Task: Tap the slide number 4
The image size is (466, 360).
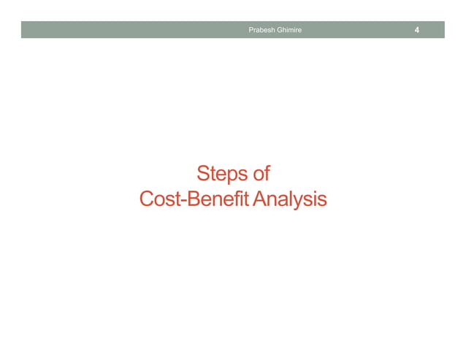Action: [x=416, y=30]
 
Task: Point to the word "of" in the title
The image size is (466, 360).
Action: [x=261, y=175]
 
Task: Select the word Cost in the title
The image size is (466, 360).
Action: [x=156, y=199]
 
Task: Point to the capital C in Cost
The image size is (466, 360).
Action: [x=145, y=199]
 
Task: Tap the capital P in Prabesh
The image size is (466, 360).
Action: [x=251, y=30]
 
